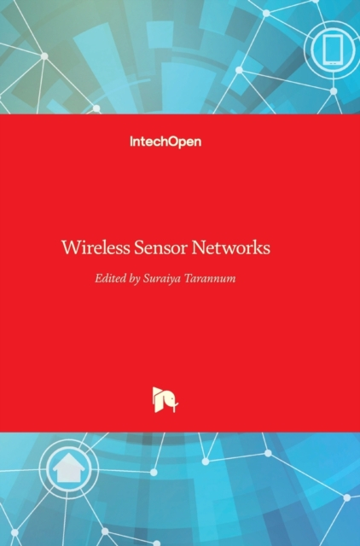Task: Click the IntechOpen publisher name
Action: [165, 142]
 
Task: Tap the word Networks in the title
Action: [230, 247]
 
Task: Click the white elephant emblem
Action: [165, 400]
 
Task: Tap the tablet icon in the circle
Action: [332, 50]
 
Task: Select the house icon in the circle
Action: [68, 467]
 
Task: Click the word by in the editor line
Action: [135, 279]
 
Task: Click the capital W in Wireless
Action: [71, 247]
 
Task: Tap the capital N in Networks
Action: [198, 247]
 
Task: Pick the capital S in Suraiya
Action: [147, 278]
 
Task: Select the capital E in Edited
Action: [98, 278]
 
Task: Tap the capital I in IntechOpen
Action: [131, 142]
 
